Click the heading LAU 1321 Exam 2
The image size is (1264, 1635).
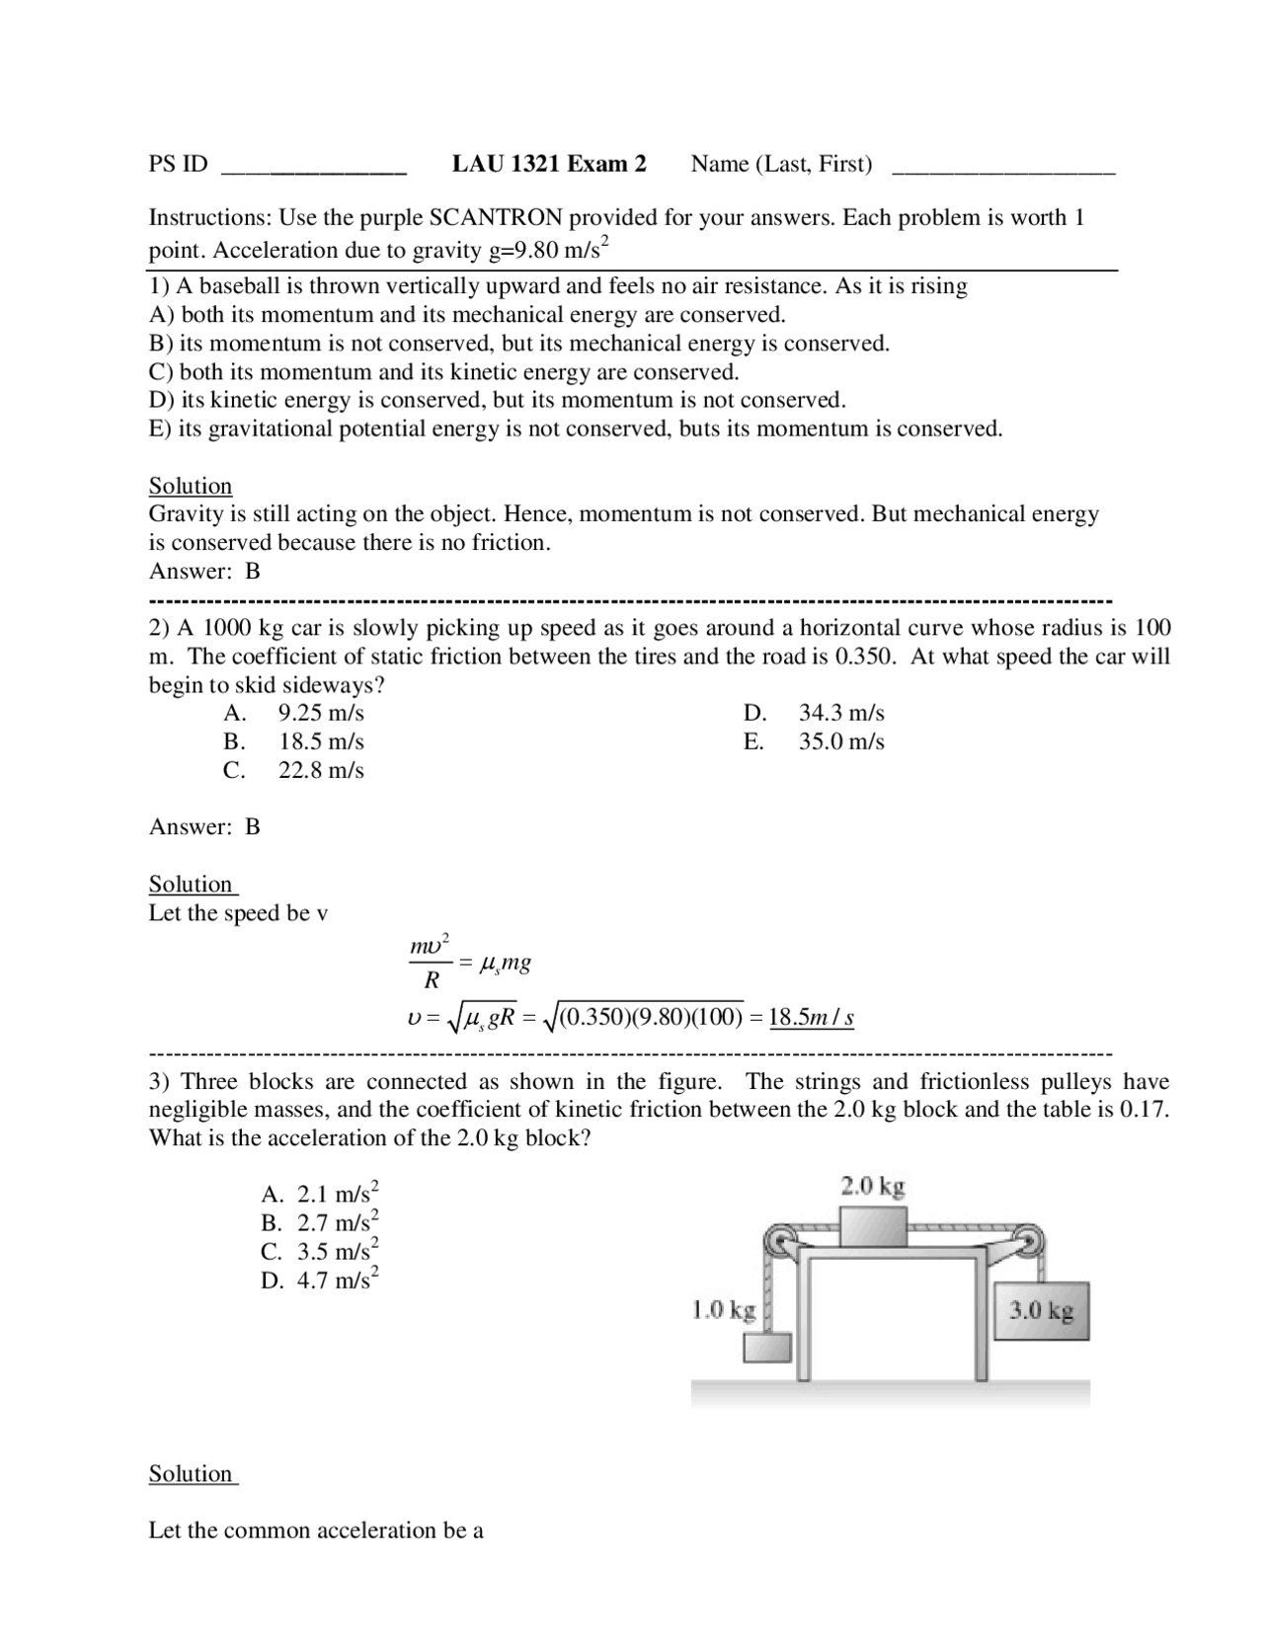(549, 164)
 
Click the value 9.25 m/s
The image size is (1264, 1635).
(321, 713)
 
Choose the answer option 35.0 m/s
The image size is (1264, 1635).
(841, 741)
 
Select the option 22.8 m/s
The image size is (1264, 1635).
(321, 770)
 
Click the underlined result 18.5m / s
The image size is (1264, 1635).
(811, 1017)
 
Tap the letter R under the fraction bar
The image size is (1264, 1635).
(432, 981)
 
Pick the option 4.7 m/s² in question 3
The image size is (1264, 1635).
(337, 1281)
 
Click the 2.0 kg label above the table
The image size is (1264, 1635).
(872, 1186)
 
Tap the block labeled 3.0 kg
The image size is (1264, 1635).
(1041, 1311)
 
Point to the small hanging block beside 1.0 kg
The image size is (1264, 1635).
(767, 1348)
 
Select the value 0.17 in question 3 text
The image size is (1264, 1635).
(1143, 1110)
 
